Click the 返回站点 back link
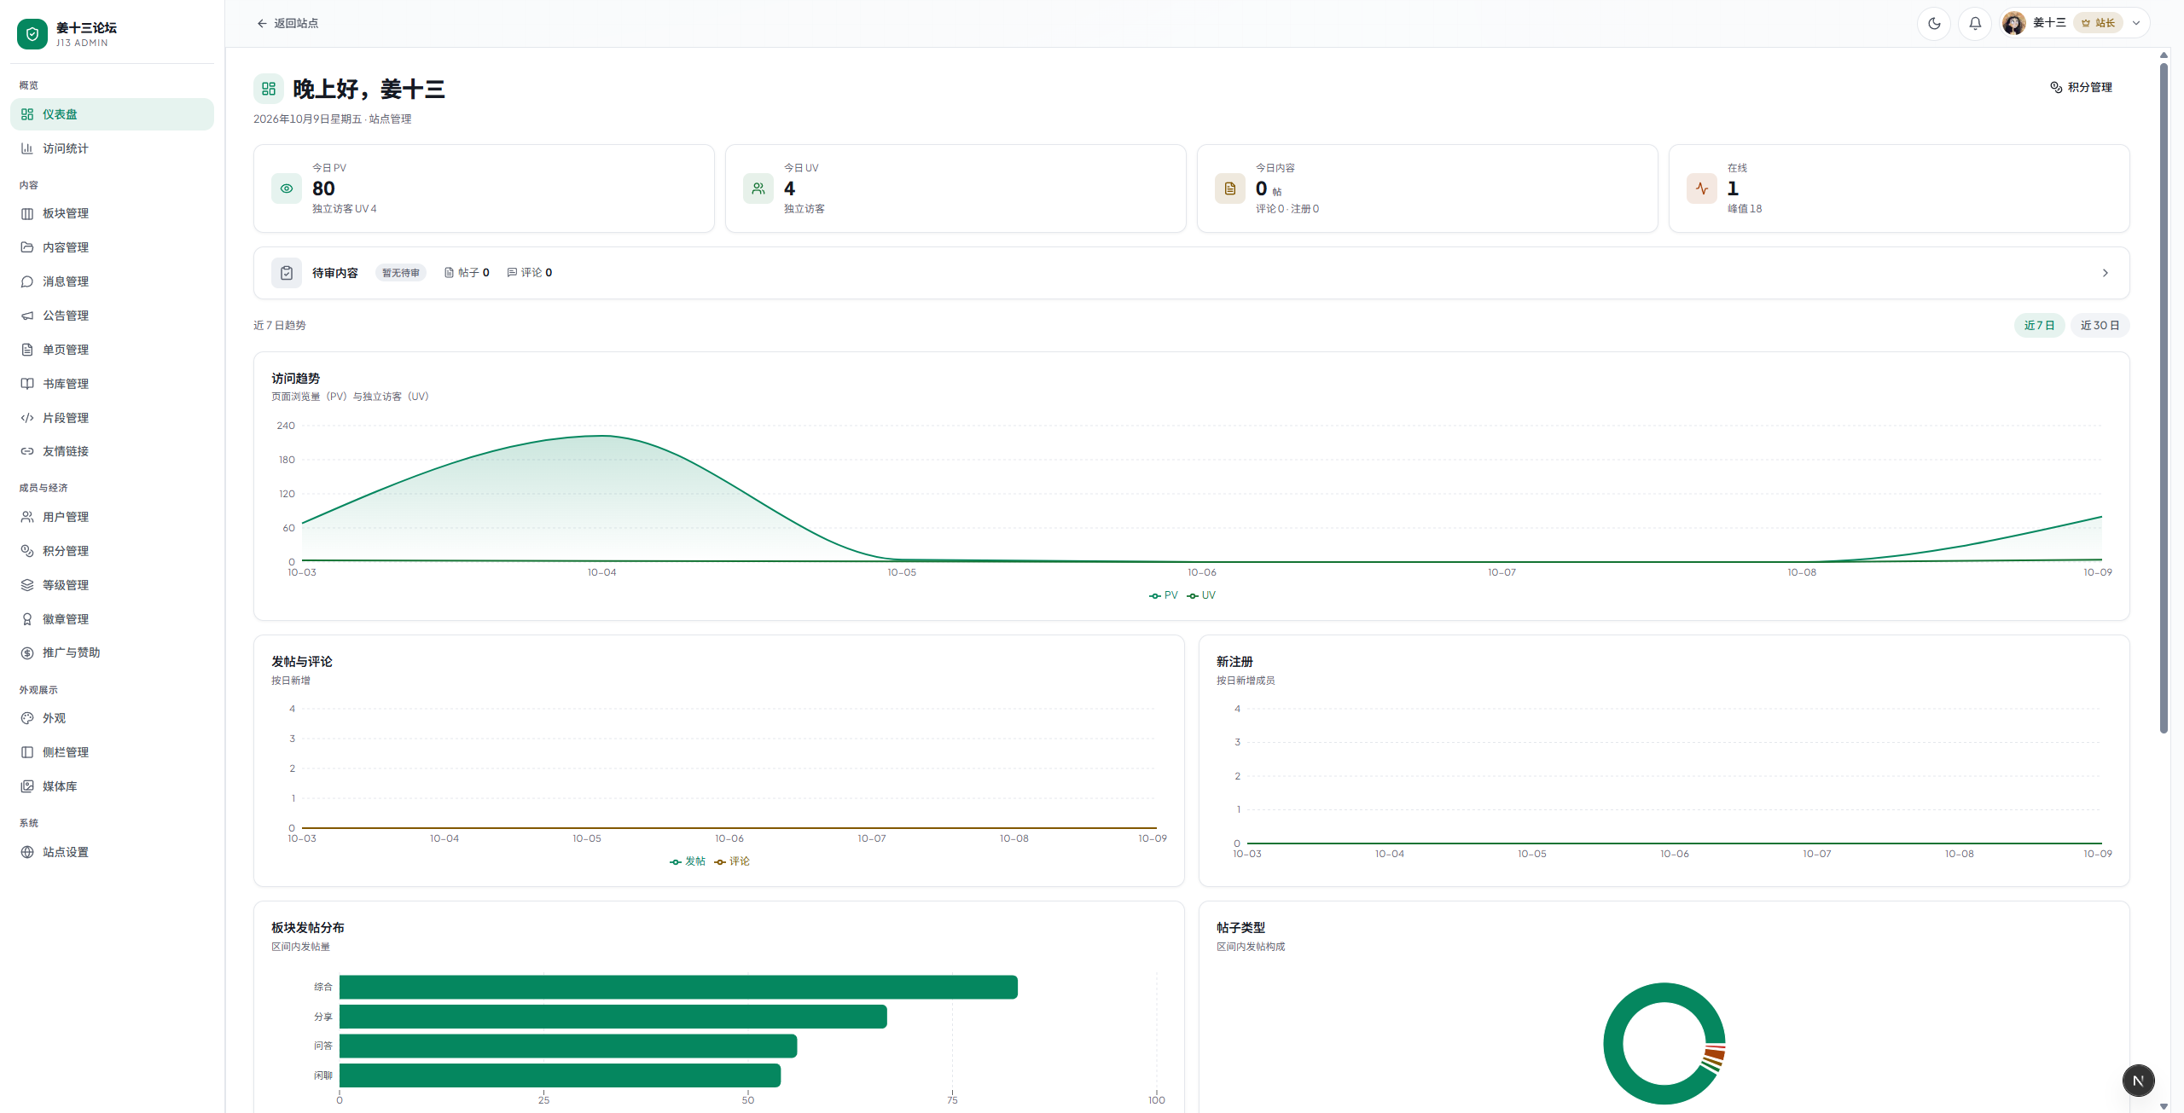pos(288,23)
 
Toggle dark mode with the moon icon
pos(1934,23)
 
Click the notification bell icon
pos(1975,23)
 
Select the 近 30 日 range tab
pos(2100,325)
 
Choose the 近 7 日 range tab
pos(2039,325)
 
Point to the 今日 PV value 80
pos(323,188)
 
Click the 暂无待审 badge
pos(401,273)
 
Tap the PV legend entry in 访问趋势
pos(1164,595)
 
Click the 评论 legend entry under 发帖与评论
pos(733,861)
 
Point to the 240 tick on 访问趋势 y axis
pos(286,426)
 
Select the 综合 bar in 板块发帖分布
pos(678,987)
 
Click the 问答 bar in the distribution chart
pos(568,1046)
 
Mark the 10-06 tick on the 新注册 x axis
pos(1674,854)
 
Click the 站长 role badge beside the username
pos(2098,23)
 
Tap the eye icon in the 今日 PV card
pos(287,188)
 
